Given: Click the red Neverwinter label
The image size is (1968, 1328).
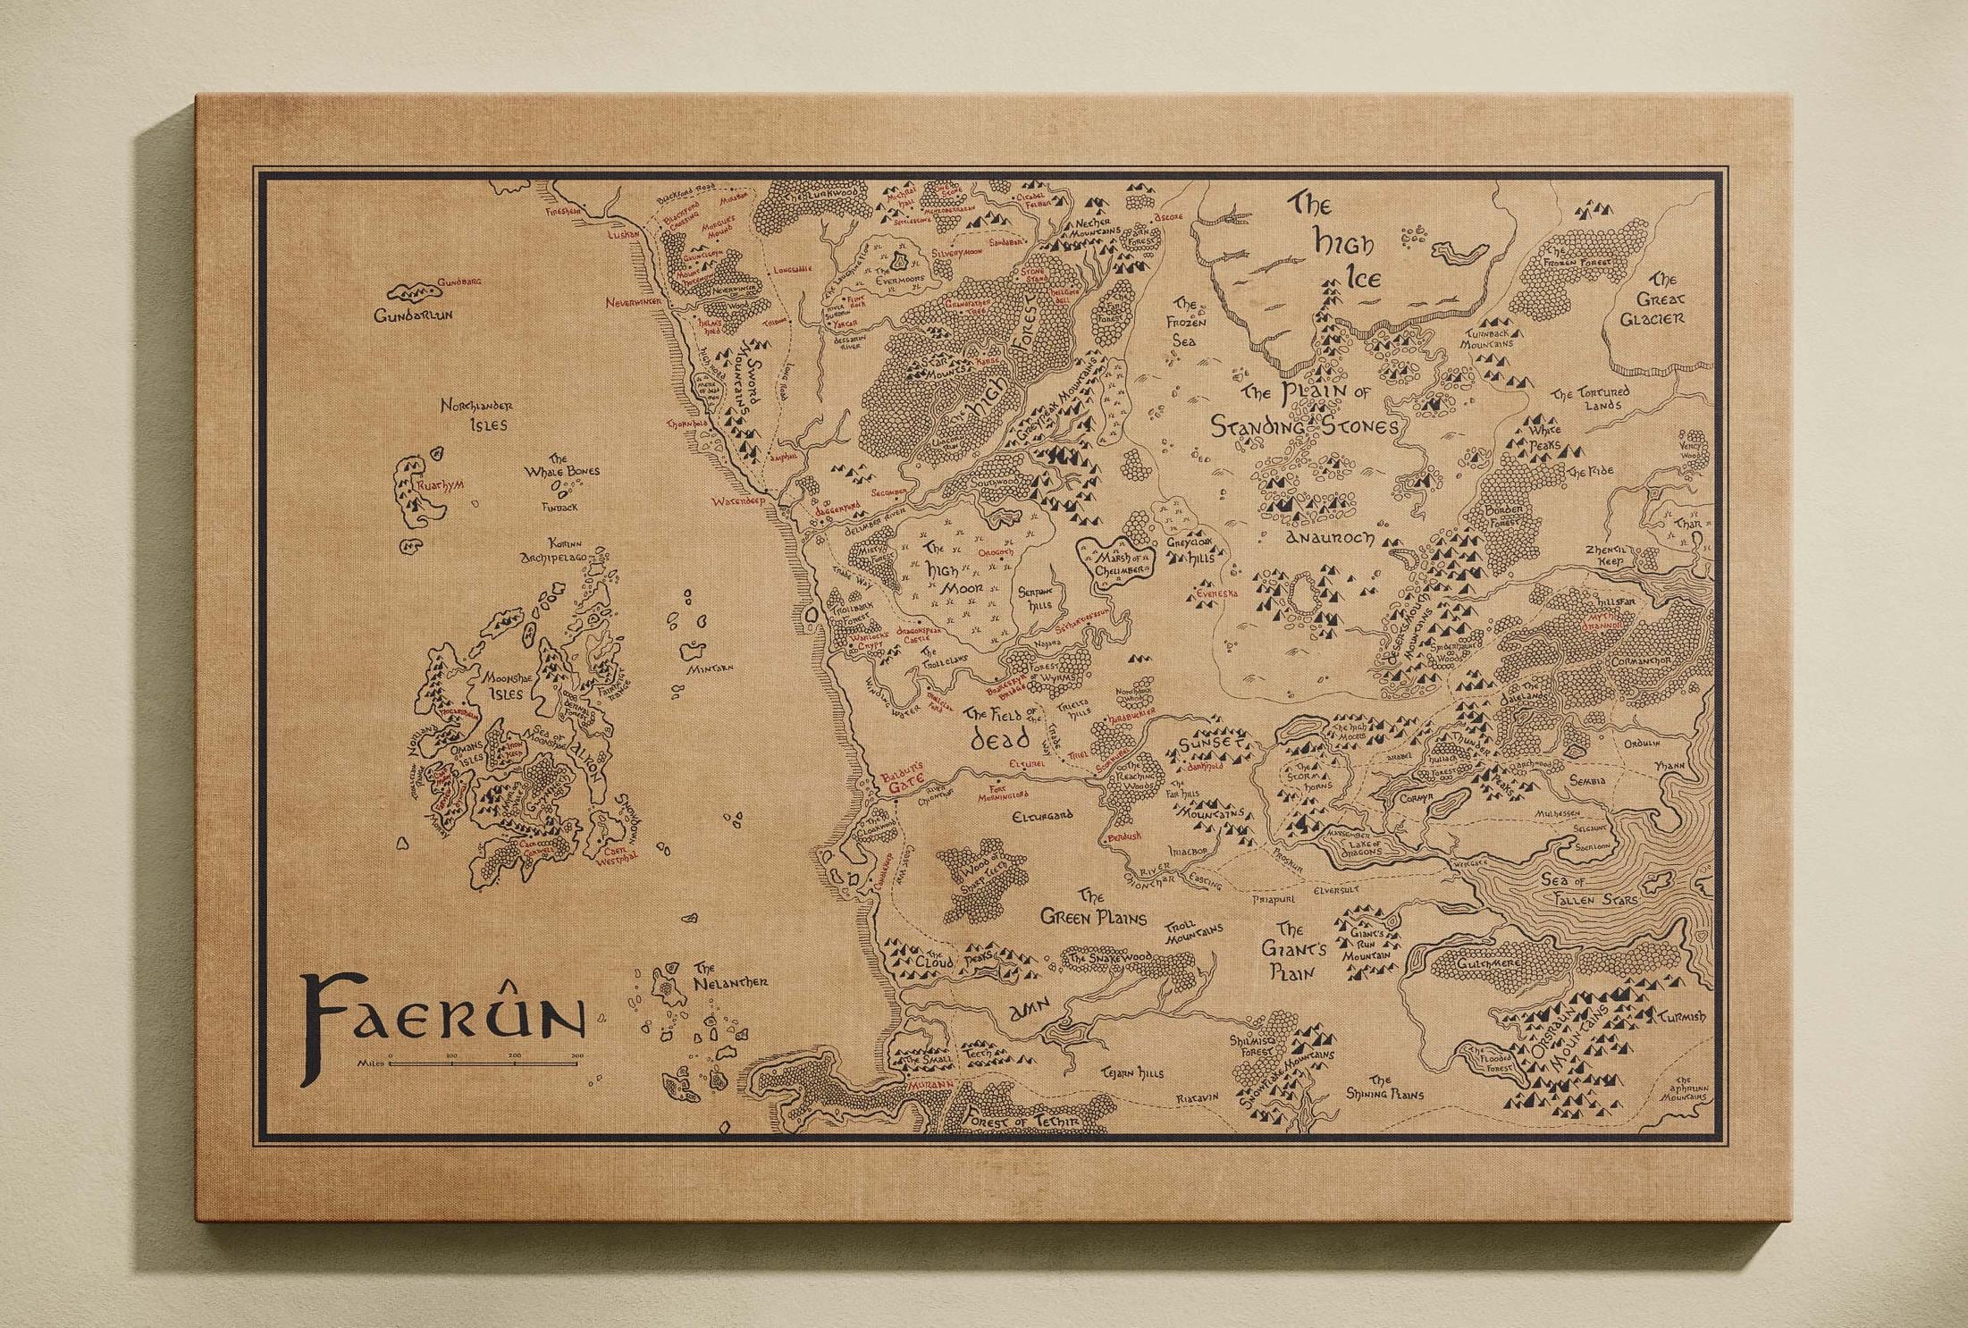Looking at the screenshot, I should (x=634, y=303).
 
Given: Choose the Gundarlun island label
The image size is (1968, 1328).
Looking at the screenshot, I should (x=413, y=315).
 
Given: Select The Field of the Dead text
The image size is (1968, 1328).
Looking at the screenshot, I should (x=1004, y=726).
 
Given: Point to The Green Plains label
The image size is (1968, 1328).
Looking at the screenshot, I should (x=1092, y=907).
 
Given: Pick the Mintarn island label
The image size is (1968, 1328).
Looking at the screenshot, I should (x=710, y=668).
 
